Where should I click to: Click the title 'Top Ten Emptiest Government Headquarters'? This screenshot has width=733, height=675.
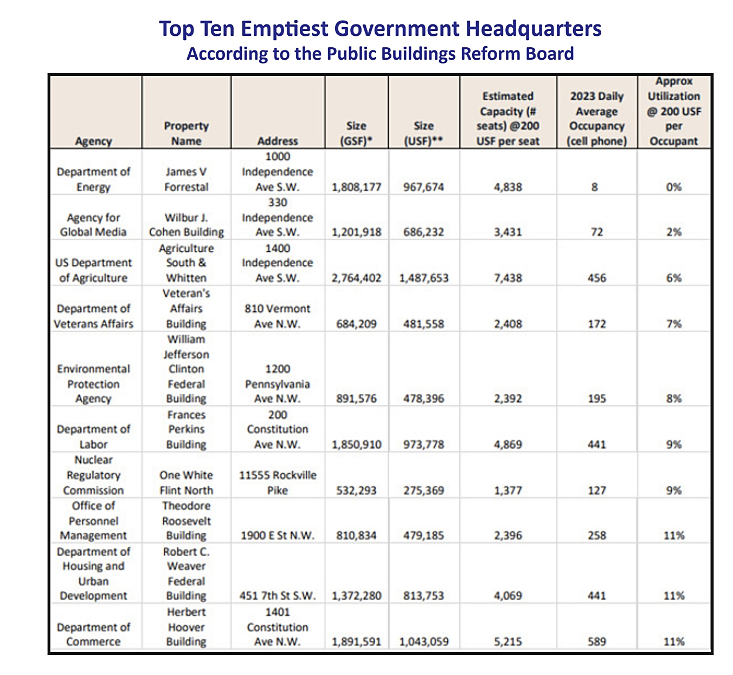tap(380, 28)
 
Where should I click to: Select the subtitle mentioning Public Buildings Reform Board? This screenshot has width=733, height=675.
tap(380, 54)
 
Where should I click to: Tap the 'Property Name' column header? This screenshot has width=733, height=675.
tap(186, 133)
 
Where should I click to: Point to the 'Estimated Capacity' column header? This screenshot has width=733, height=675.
tap(508, 118)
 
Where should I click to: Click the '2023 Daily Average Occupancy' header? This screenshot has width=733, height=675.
tap(596, 118)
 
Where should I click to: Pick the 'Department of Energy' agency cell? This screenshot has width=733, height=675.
tap(93, 179)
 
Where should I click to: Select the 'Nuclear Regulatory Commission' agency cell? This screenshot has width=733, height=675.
tap(93, 475)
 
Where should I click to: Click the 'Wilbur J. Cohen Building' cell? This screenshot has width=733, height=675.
tap(186, 225)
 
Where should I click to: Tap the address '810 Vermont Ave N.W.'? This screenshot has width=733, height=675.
tap(278, 316)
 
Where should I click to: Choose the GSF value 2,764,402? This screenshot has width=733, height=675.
tap(356, 278)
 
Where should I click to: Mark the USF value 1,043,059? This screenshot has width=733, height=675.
tap(424, 641)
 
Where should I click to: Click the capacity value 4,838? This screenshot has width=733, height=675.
tap(508, 187)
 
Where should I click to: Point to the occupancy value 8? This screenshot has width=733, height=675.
tap(595, 187)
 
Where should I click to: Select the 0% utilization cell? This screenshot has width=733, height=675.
tap(674, 187)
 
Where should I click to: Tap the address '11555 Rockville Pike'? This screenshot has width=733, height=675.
tap(278, 482)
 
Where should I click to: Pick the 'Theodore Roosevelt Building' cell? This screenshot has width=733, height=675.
tap(186, 520)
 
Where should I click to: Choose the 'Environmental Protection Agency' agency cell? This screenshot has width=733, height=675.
tap(93, 384)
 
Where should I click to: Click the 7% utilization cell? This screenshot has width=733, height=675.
tap(674, 324)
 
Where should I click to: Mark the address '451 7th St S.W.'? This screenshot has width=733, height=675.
tap(278, 595)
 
